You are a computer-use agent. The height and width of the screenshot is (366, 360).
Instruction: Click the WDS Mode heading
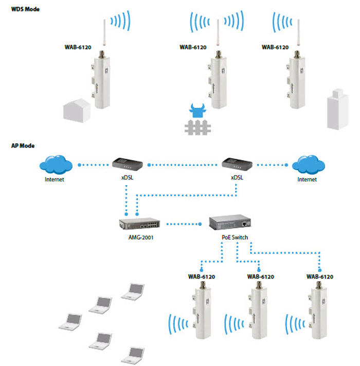25,9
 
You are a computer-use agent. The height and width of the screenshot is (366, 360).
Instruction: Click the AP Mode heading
23,146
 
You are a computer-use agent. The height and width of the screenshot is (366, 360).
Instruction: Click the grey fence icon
199,127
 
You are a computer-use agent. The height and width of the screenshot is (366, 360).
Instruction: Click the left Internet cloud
55,165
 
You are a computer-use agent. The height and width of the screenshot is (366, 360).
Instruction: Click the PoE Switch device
230,222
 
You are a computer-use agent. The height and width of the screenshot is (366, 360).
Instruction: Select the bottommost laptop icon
132,354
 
